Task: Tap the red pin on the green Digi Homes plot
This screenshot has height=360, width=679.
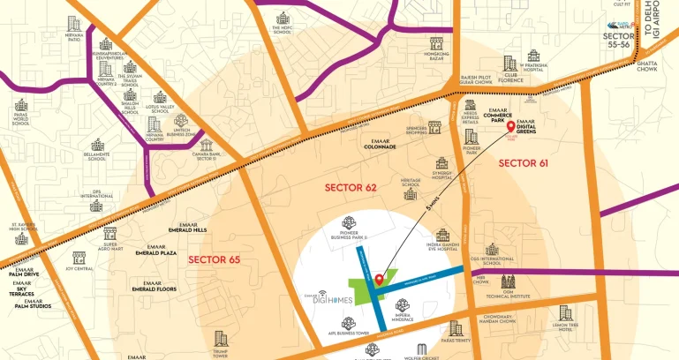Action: [379, 281]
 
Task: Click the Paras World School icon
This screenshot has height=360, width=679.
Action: [21, 105]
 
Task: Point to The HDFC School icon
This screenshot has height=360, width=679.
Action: [283, 19]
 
